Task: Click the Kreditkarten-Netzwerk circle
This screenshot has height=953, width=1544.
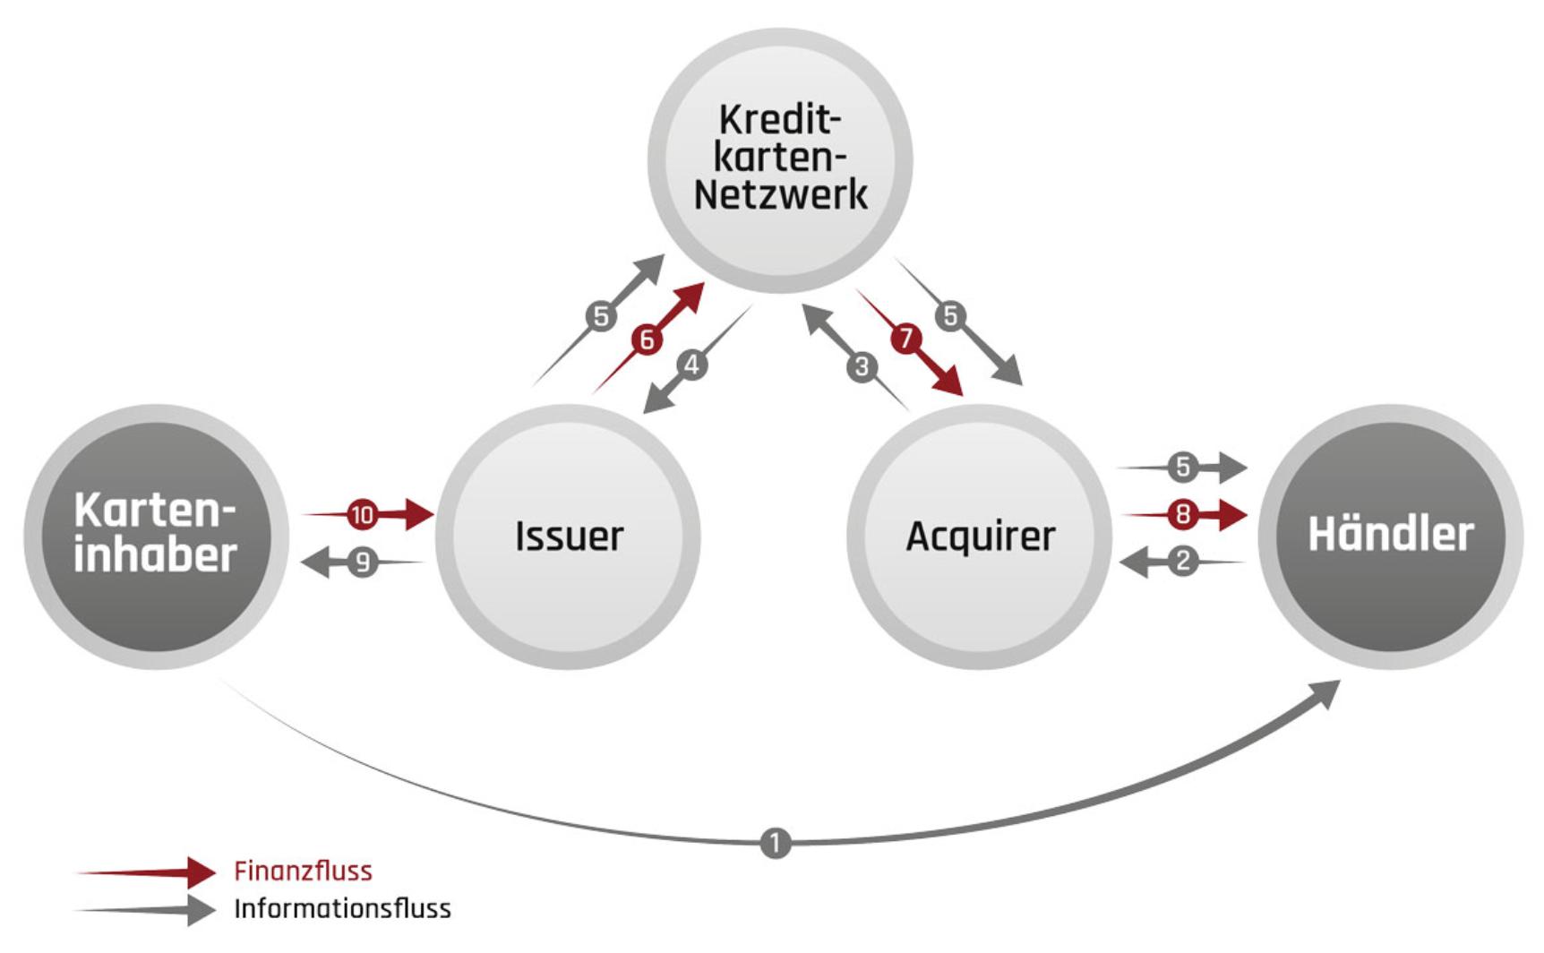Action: pyautogui.click(x=779, y=159)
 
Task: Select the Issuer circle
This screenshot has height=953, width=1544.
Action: pyautogui.click(x=568, y=536)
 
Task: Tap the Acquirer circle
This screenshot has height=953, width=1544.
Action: pyautogui.click(x=980, y=536)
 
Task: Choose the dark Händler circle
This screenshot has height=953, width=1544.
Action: pyautogui.click(x=1390, y=536)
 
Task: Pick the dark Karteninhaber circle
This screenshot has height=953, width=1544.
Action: pyautogui.click(x=156, y=536)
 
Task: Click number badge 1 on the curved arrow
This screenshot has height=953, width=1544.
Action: pyautogui.click(x=776, y=843)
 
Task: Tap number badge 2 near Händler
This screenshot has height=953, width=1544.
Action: pyautogui.click(x=1183, y=562)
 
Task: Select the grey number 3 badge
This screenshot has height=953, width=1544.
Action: pyautogui.click(x=862, y=366)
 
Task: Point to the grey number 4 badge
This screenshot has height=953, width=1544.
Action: pyautogui.click(x=691, y=365)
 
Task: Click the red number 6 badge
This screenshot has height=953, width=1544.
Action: pyautogui.click(x=646, y=339)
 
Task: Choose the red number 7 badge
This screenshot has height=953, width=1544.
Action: pyautogui.click(x=905, y=339)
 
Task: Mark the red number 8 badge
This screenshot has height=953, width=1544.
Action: pyautogui.click(x=1183, y=515)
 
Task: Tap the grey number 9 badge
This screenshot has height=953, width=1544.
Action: pyautogui.click(x=363, y=562)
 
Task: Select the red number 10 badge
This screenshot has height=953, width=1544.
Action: pyautogui.click(x=363, y=515)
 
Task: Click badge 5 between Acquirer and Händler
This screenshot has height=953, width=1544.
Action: pyautogui.click(x=1183, y=467)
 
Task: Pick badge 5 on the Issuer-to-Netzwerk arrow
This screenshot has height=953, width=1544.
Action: pyautogui.click(x=601, y=316)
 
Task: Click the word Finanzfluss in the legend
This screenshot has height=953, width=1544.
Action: pyautogui.click(x=303, y=871)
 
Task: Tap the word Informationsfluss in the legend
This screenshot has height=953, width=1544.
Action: pyautogui.click(x=342, y=908)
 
